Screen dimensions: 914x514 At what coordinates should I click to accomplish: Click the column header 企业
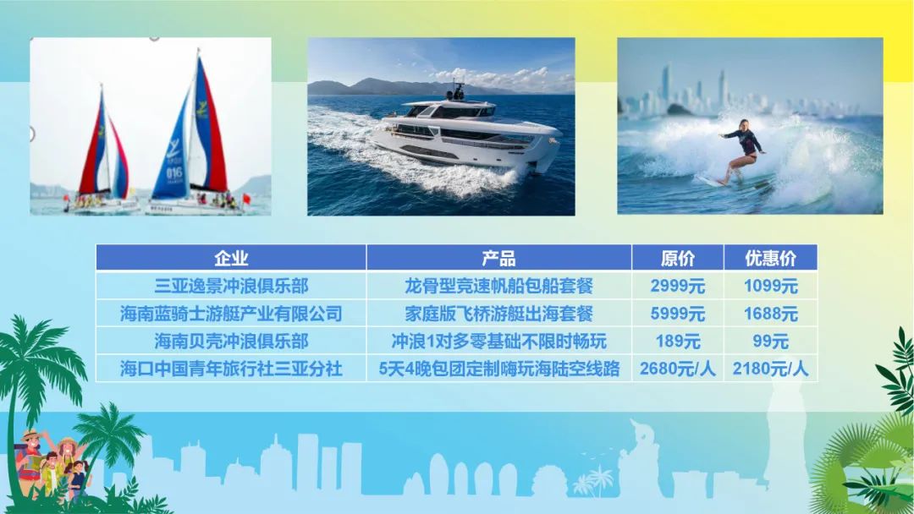tap(231, 258)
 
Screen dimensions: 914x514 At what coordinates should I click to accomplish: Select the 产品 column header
tap(499, 258)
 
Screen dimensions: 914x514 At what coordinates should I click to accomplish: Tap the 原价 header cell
tap(678, 258)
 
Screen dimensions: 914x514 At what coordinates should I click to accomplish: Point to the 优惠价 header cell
tap(771, 258)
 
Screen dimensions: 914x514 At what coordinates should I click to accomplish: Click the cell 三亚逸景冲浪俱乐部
tap(231, 286)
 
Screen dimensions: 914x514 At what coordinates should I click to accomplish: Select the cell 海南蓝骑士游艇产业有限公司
tap(231, 314)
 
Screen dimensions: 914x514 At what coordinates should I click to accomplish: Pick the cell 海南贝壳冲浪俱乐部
tap(231, 341)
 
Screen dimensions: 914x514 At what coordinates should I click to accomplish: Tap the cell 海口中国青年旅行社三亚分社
tap(231, 369)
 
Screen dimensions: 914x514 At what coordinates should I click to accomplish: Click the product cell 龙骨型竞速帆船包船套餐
tap(499, 286)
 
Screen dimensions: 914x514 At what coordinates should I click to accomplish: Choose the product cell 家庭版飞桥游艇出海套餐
tap(499, 314)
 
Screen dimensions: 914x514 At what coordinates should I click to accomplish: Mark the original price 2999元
tap(678, 286)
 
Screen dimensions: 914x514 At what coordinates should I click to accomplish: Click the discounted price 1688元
tap(771, 314)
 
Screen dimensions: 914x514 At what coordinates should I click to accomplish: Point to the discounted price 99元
tap(771, 341)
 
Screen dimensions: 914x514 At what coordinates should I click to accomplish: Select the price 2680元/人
tap(678, 369)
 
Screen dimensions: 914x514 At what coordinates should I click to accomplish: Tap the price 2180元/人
tap(771, 369)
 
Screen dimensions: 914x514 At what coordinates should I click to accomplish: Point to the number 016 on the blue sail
tap(174, 173)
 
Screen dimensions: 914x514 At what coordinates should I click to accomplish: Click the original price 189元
tap(678, 341)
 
